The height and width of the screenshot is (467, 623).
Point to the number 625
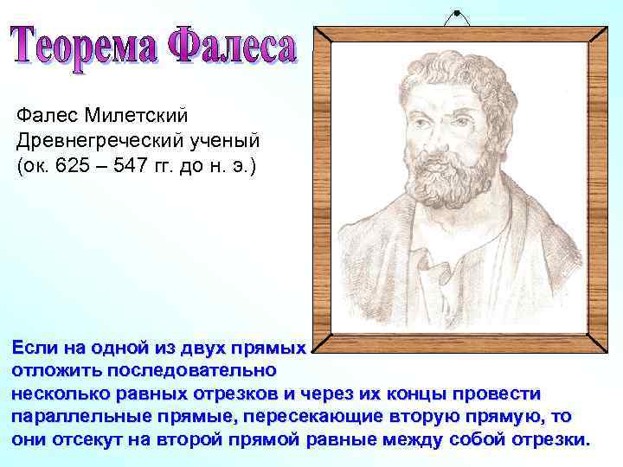[72, 165]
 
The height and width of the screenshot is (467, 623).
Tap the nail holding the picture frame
[455, 14]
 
